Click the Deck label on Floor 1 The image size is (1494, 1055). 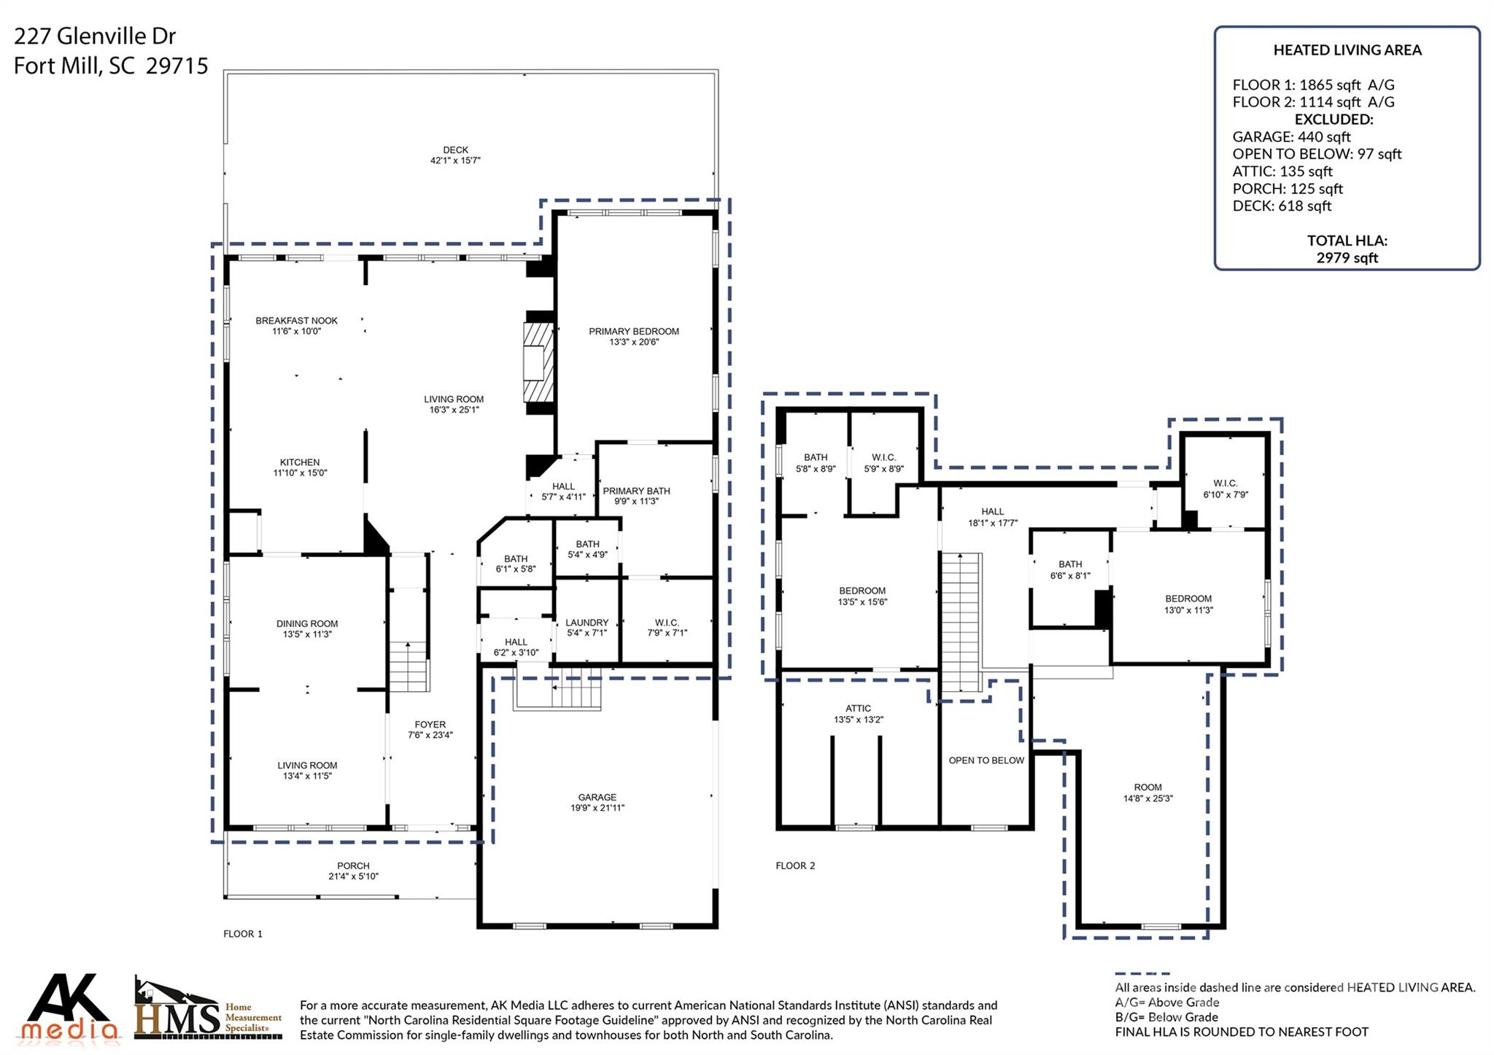(x=455, y=150)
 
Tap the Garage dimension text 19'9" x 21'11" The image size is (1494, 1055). (x=597, y=808)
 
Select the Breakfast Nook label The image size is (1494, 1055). (x=296, y=321)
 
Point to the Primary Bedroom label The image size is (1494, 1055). (x=634, y=332)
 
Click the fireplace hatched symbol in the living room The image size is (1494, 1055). (x=538, y=362)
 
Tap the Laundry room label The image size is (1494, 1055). (x=587, y=623)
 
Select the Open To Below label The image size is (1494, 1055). (x=986, y=760)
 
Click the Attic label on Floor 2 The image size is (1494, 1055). (x=858, y=709)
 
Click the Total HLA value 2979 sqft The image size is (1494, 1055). (x=1347, y=258)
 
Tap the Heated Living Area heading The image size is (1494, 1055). (x=1347, y=50)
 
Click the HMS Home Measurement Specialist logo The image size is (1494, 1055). (x=208, y=1010)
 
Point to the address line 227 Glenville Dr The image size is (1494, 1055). (x=95, y=36)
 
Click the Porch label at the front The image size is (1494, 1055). (x=353, y=866)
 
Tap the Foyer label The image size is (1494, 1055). (x=430, y=725)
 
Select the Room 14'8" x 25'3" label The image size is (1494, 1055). (x=1147, y=787)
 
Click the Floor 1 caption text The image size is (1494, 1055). (x=243, y=934)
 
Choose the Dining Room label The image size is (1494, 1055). (x=307, y=624)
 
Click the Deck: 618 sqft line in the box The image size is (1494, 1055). (x=1282, y=206)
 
